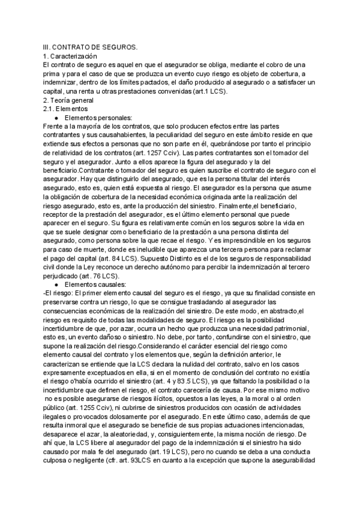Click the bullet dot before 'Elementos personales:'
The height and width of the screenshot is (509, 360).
click(56, 118)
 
